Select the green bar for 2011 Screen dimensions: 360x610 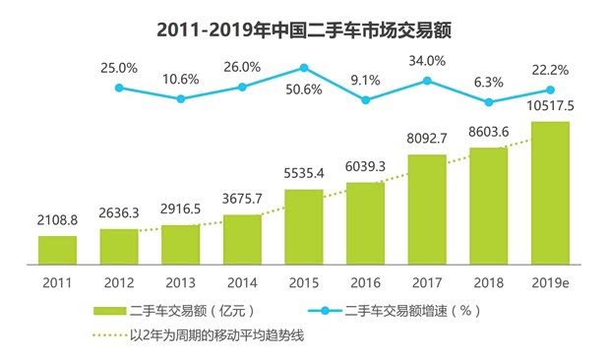point(58,251)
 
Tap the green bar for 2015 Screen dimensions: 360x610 point(304,227)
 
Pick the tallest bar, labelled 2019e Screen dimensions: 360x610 point(550,194)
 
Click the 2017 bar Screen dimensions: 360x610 point(427,210)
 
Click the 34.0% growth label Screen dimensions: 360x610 point(427,61)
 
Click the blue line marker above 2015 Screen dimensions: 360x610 point(304,68)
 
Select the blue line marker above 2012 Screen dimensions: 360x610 point(120,88)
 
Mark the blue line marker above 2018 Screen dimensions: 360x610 point(489,101)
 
